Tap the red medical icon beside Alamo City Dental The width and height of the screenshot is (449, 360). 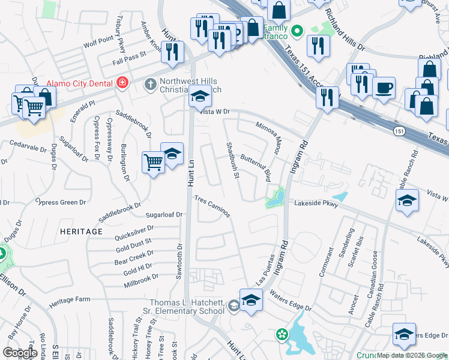pos(122,83)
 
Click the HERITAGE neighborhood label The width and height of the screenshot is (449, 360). pos(81,231)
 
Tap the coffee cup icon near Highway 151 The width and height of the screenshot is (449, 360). pos(384,88)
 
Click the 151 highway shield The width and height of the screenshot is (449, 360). pos(399,130)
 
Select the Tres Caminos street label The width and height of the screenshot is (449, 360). pos(212,205)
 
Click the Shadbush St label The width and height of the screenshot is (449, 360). pos(233,160)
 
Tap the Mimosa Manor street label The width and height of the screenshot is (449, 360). pos(268,136)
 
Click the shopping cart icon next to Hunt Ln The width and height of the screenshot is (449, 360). pos(153,162)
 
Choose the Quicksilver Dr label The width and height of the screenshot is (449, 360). pos(135,228)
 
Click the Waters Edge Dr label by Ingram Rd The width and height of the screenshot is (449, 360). pos(291,300)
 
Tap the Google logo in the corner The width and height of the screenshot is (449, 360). pos(20,353)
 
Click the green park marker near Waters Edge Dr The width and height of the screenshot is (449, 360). pos(281,334)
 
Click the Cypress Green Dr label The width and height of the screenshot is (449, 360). pos(61,202)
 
